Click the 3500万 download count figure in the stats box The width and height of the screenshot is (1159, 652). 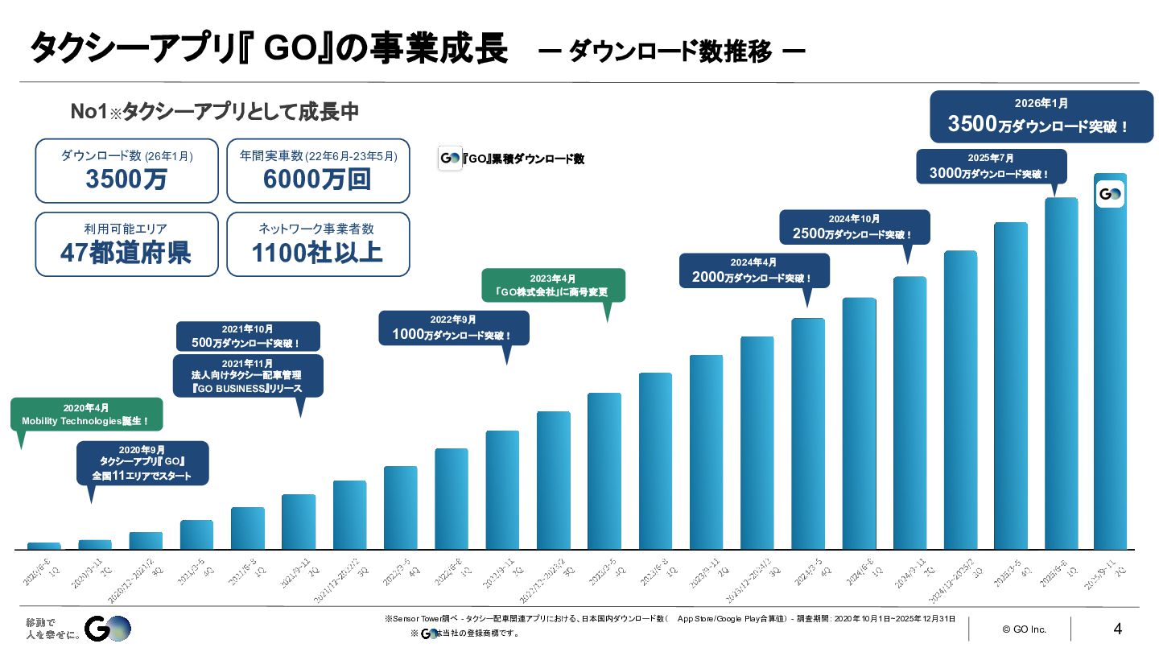coord(126,180)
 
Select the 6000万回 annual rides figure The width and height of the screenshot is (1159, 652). coord(317,180)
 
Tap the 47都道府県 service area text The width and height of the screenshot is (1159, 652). coord(126,253)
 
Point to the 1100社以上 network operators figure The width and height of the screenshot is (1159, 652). coord(317,253)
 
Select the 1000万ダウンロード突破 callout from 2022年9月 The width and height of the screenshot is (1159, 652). coord(453,328)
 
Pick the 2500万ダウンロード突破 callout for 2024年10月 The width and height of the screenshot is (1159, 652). coord(854,227)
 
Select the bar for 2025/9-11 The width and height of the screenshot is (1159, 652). coord(1109,362)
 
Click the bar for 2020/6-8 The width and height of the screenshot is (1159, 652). coord(43,546)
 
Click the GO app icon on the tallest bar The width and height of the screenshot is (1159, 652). coord(1110,194)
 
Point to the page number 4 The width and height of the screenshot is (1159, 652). coord(1117,629)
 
